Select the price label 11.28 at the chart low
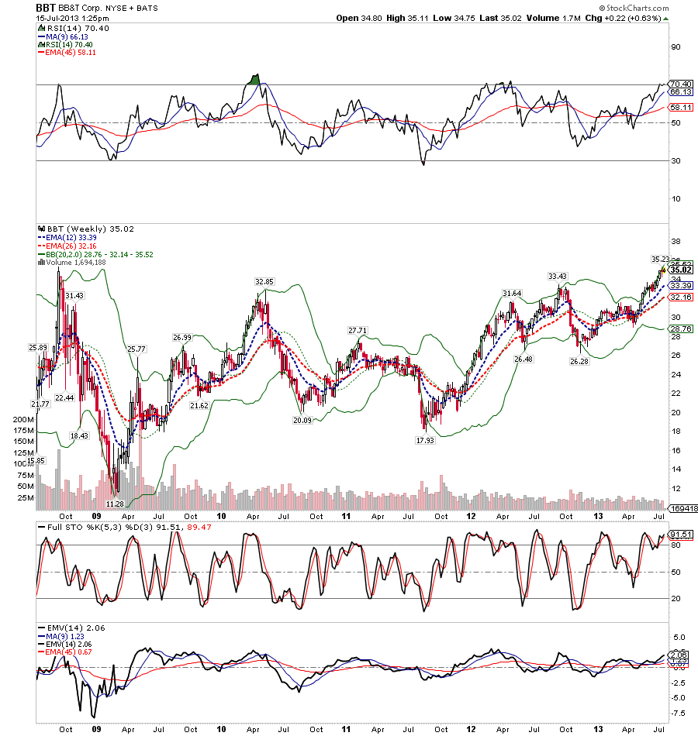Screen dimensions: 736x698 click(x=115, y=504)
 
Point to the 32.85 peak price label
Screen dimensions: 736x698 click(x=266, y=281)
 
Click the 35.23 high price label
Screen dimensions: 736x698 click(x=660, y=260)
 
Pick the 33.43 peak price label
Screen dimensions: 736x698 click(x=557, y=276)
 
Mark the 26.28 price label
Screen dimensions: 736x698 click(x=579, y=361)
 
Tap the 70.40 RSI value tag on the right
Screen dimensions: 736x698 click(x=680, y=84)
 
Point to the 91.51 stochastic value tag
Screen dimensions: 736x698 click(x=680, y=534)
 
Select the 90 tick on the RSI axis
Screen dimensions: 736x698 click(x=676, y=46)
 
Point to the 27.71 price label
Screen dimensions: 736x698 click(x=358, y=330)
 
